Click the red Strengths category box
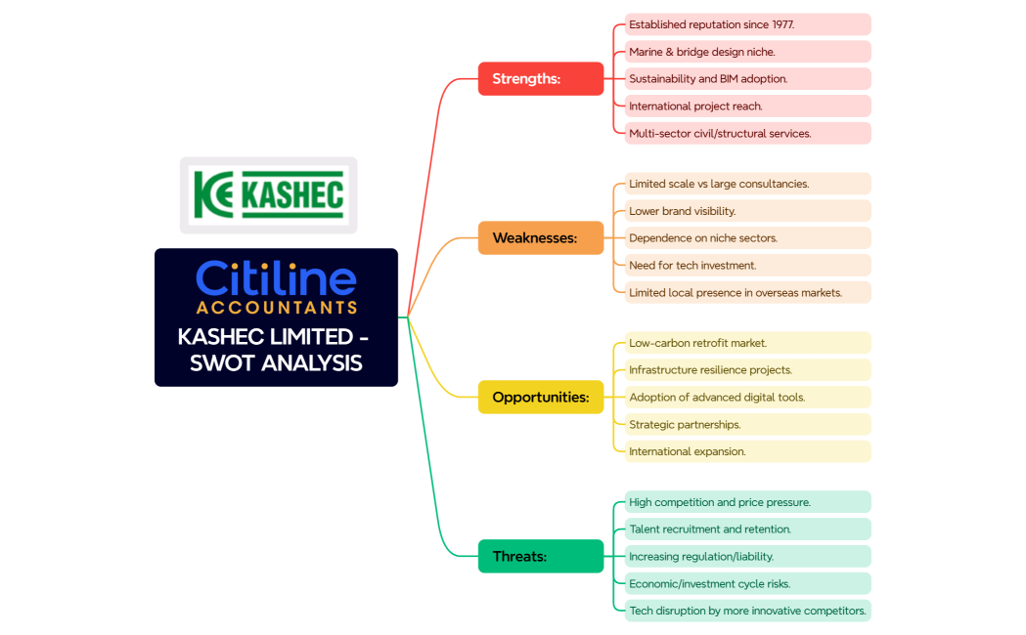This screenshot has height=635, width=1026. tap(541, 78)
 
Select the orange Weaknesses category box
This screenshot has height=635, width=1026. tap(541, 237)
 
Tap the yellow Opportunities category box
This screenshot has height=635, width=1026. tap(541, 398)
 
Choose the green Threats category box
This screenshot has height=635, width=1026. tap(541, 556)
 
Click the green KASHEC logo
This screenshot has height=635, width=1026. tap(268, 194)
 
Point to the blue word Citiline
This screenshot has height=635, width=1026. tap(276, 278)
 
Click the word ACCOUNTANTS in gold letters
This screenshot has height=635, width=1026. tap(277, 307)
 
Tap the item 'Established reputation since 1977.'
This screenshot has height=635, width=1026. tap(747, 24)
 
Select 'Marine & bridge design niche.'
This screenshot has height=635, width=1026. tap(747, 52)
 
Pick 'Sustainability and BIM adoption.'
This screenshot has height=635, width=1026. tap(747, 78)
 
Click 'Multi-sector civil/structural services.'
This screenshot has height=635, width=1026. tap(747, 133)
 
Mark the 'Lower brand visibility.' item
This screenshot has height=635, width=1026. tap(747, 211)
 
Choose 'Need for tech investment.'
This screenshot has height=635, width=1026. tap(747, 266)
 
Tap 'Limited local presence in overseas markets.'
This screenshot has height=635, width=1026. tap(747, 293)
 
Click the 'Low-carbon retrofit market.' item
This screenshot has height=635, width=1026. tap(747, 343)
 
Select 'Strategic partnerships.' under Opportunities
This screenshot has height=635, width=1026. tap(747, 425)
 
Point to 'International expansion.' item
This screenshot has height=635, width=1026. tap(747, 451)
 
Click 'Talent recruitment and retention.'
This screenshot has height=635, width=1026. tap(747, 529)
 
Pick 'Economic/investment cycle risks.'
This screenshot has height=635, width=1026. tap(747, 583)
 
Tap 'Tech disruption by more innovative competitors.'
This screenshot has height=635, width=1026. tap(747, 611)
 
